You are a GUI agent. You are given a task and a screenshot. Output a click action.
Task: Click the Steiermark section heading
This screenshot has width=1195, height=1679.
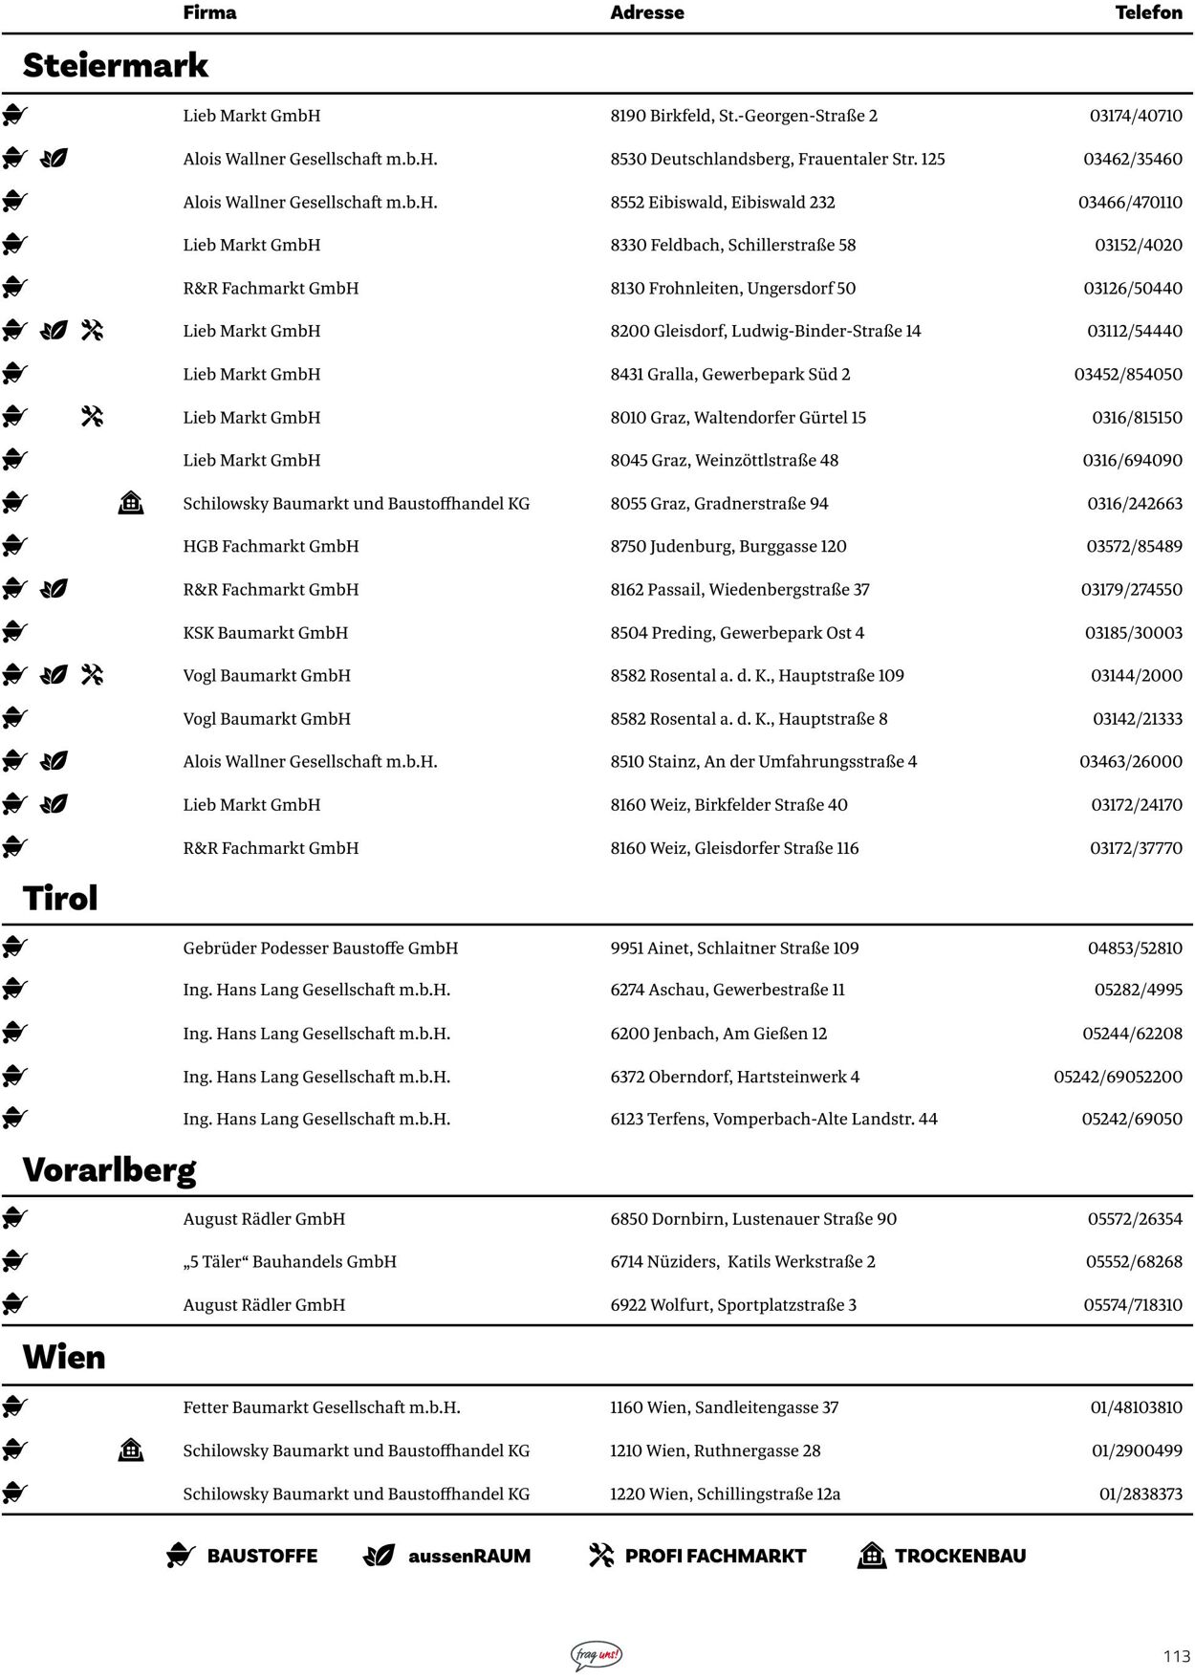click(x=115, y=65)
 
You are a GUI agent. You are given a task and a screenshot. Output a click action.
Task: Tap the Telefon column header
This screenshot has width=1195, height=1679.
click(x=1148, y=12)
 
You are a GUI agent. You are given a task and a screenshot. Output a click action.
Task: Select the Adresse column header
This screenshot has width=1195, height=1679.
click(x=647, y=12)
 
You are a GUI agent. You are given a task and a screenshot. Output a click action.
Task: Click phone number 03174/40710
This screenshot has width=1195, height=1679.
click(x=1136, y=116)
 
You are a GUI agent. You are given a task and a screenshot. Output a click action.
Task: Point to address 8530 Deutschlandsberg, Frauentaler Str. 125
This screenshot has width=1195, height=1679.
click(x=777, y=159)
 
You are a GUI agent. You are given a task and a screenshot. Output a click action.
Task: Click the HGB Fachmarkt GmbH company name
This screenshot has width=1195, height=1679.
click(x=271, y=546)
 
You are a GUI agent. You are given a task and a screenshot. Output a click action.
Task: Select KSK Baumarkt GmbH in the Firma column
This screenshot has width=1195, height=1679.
click(x=266, y=632)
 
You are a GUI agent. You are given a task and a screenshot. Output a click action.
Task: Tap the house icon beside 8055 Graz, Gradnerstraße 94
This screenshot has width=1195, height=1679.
click(x=131, y=503)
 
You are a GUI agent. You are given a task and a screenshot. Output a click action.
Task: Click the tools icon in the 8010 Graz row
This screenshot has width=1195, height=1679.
click(x=92, y=417)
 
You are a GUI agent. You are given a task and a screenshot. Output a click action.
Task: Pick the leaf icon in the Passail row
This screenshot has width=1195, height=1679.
click(x=54, y=589)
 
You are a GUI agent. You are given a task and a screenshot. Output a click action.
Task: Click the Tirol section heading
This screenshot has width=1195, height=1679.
click(x=60, y=898)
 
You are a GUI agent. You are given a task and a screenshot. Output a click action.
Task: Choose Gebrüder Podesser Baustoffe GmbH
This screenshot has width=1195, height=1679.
click(x=320, y=948)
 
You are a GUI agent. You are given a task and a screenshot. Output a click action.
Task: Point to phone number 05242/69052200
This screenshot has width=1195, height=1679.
click(x=1118, y=1077)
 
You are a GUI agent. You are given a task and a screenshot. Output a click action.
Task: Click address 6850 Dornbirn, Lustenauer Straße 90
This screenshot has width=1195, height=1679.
click(x=753, y=1219)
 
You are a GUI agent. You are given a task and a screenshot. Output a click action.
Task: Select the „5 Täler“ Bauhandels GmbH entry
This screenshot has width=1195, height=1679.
click(x=290, y=1261)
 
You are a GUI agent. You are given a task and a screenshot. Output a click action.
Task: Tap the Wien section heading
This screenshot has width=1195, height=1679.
click(x=64, y=1357)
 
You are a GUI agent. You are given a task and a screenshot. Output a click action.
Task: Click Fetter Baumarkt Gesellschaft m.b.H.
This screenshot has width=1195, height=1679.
click(x=321, y=1407)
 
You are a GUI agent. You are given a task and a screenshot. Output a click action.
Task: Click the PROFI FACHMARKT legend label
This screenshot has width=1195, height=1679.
click(x=714, y=1556)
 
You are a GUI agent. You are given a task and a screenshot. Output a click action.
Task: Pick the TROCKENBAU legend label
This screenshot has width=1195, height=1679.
click(x=959, y=1556)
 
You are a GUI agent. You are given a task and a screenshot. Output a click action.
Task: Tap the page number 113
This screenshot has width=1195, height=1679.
click(x=1177, y=1656)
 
